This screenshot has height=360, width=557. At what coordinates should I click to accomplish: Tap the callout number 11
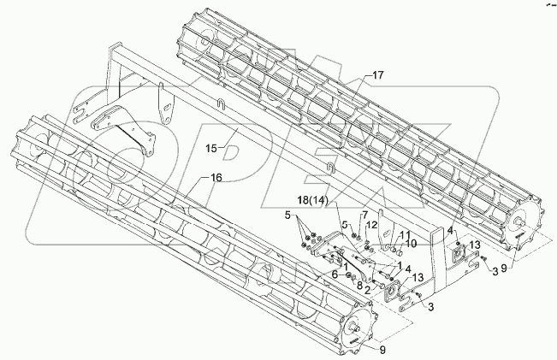click(x=407, y=234)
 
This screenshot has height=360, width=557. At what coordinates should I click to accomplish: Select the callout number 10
click(x=412, y=243)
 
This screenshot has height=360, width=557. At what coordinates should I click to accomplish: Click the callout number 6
click(x=335, y=274)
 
